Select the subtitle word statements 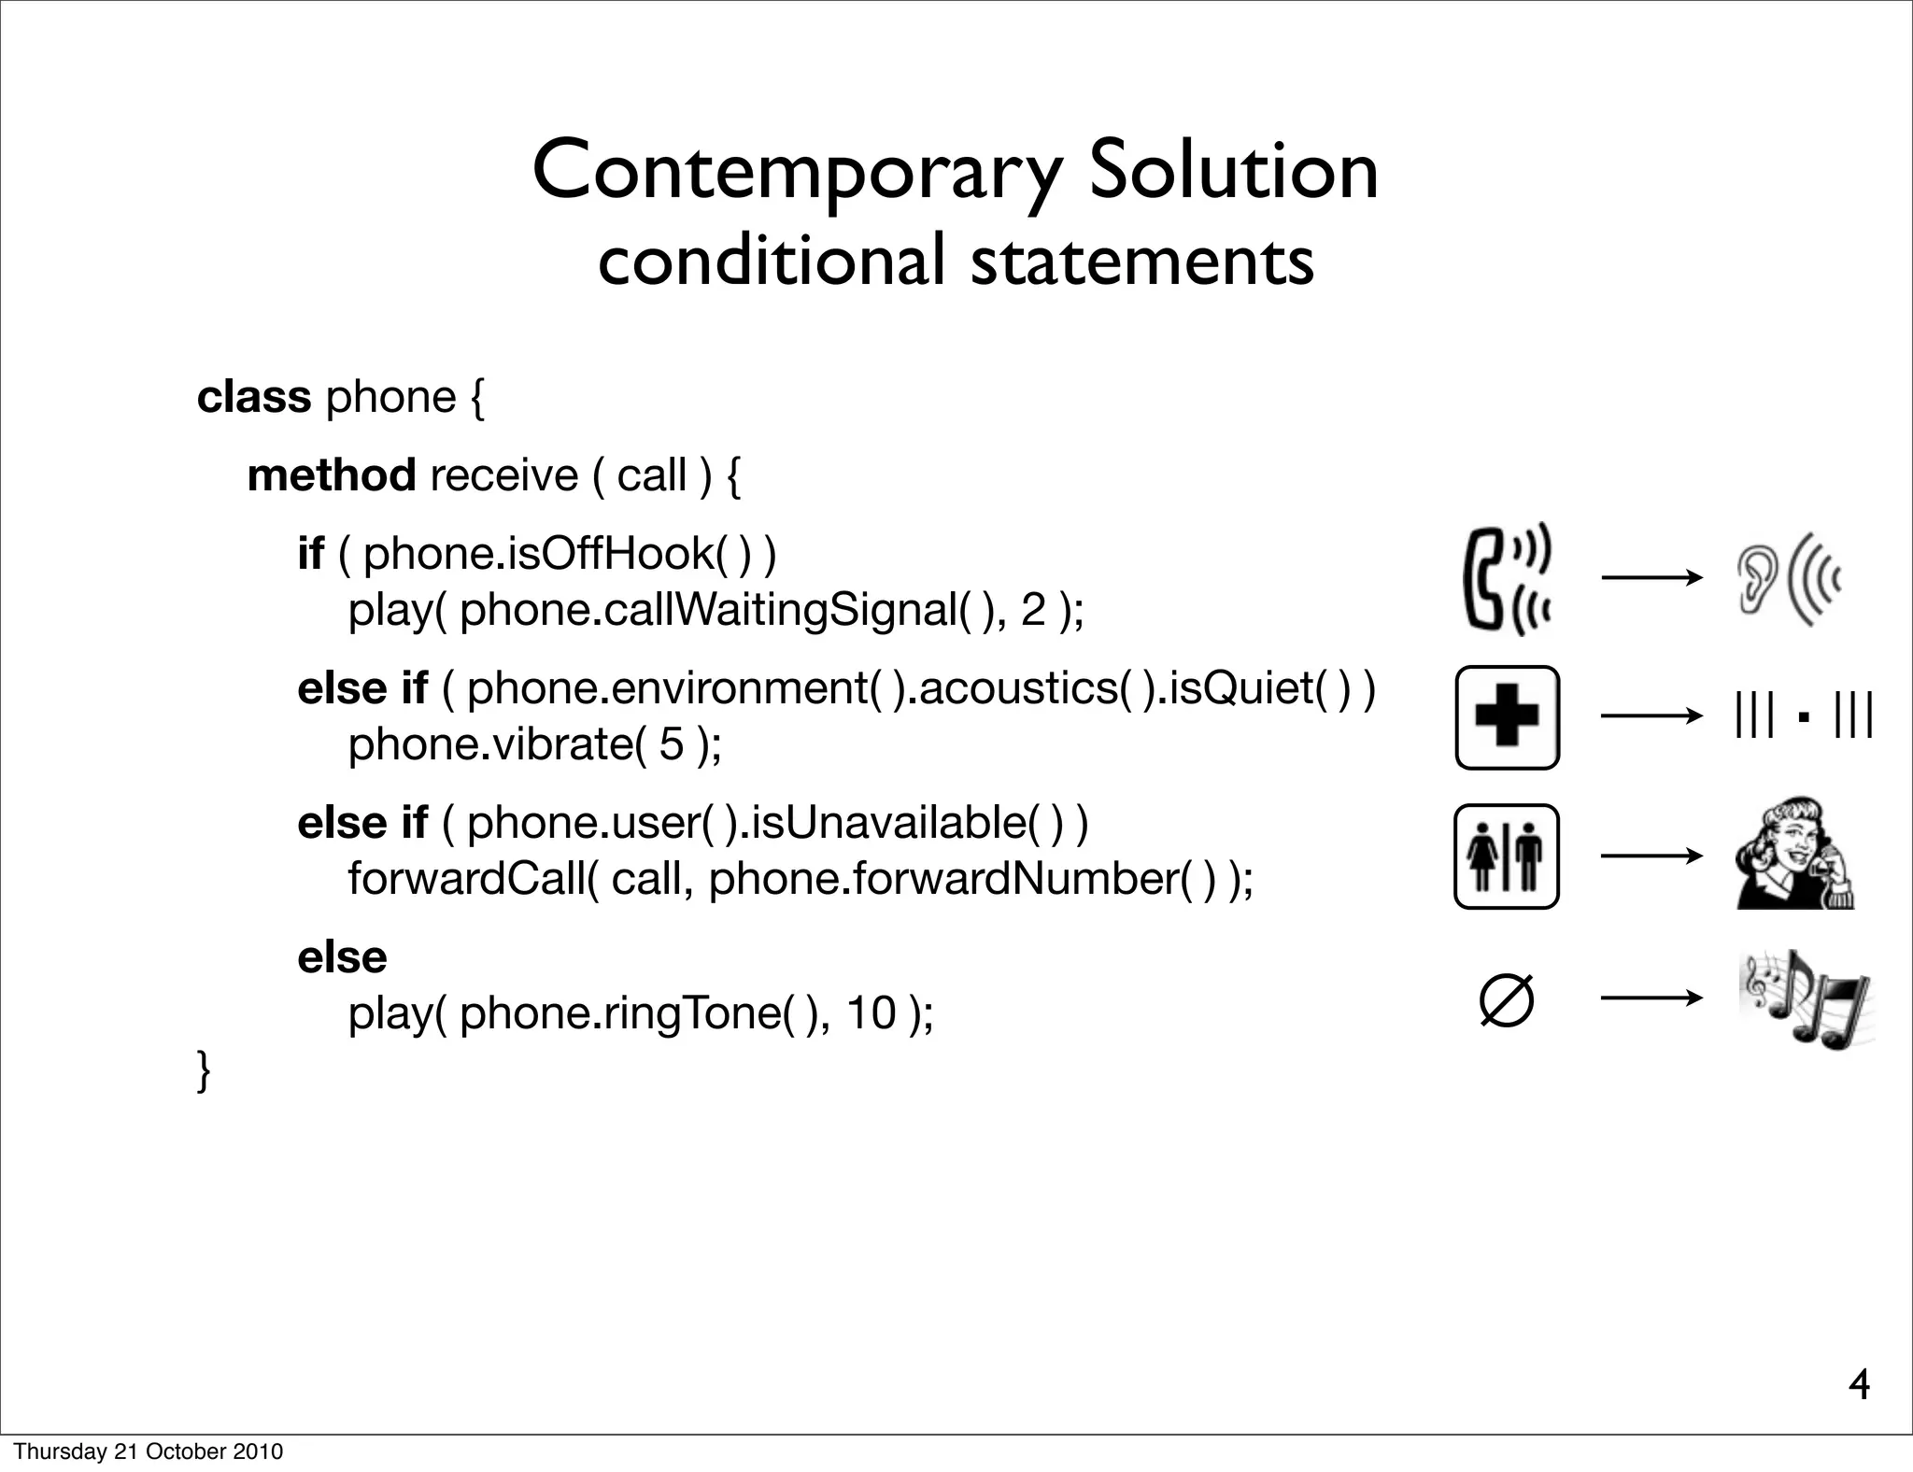[1141, 262]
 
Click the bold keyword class [253, 397]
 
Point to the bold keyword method [332, 475]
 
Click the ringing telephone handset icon [1506, 579]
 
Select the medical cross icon [1507, 717]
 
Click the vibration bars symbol [1803, 717]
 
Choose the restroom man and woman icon [1507, 856]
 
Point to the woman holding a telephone [1794, 854]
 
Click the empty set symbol [1507, 1000]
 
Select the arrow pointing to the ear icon [1651, 578]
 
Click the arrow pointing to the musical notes [1651, 999]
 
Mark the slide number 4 [1859, 1385]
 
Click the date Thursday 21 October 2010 [148, 1451]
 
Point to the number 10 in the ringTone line [871, 1012]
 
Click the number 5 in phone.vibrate [671, 744]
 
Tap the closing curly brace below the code [204, 1070]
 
